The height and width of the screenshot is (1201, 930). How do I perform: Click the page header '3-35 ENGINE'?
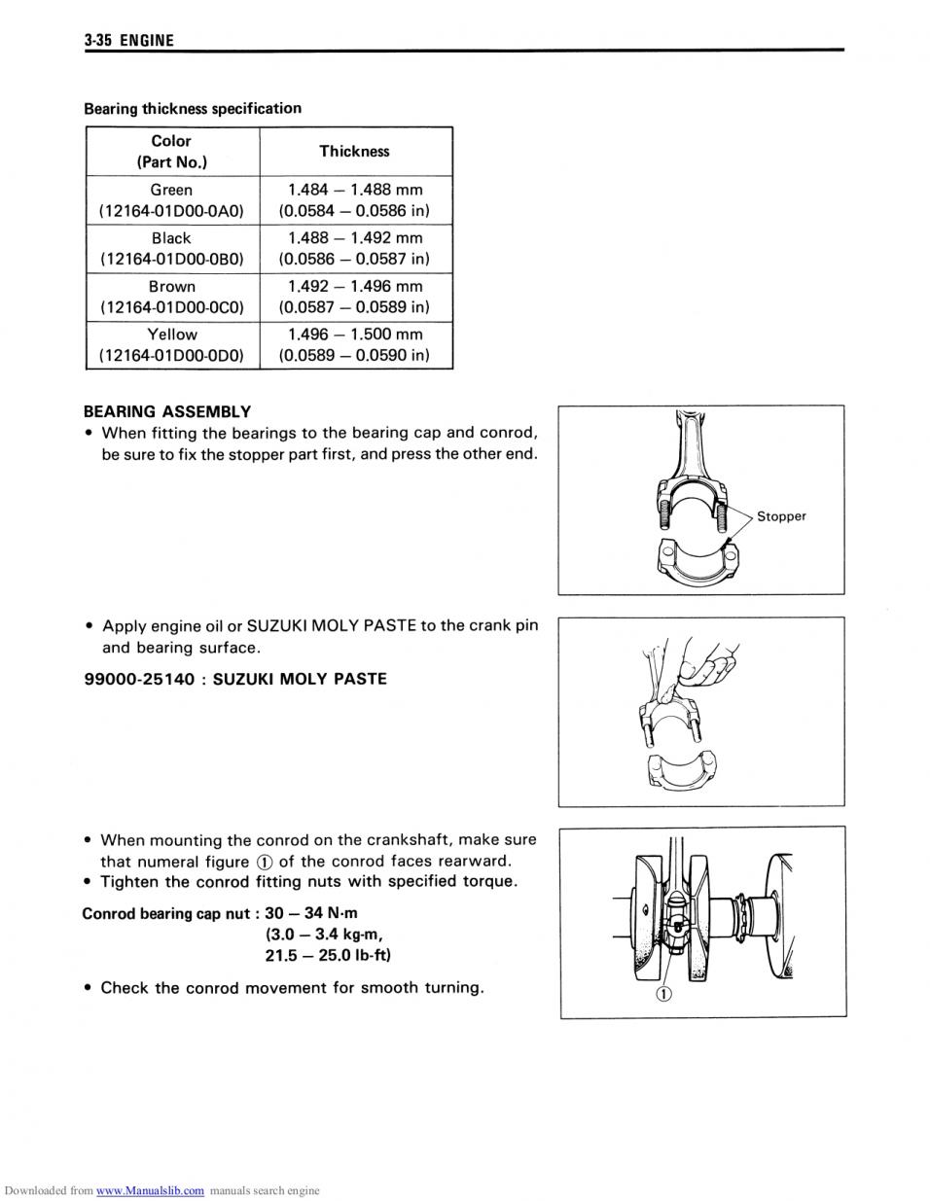pyautogui.click(x=128, y=40)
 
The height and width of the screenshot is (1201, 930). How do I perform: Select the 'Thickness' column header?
pyautogui.click(x=354, y=151)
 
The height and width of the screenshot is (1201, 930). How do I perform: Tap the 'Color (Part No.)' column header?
pyautogui.click(x=172, y=151)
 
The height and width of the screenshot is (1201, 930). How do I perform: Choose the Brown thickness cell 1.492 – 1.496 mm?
pyautogui.click(x=354, y=297)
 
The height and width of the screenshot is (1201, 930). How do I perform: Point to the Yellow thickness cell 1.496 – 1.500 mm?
pyautogui.click(x=354, y=344)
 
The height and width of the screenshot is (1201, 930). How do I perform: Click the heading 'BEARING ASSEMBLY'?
pyautogui.click(x=167, y=411)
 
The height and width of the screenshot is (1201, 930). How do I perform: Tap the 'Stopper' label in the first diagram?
pyautogui.click(x=781, y=516)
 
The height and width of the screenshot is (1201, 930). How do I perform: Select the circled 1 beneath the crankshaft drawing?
pyautogui.click(x=663, y=994)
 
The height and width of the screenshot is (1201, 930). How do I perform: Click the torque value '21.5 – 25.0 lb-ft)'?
pyautogui.click(x=328, y=955)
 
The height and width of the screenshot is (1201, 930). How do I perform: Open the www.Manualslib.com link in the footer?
pyautogui.click(x=151, y=1191)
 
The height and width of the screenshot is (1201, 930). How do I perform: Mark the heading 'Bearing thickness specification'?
pyautogui.click(x=193, y=108)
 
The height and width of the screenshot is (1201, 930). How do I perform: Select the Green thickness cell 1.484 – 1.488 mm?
pyautogui.click(x=354, y=200)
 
